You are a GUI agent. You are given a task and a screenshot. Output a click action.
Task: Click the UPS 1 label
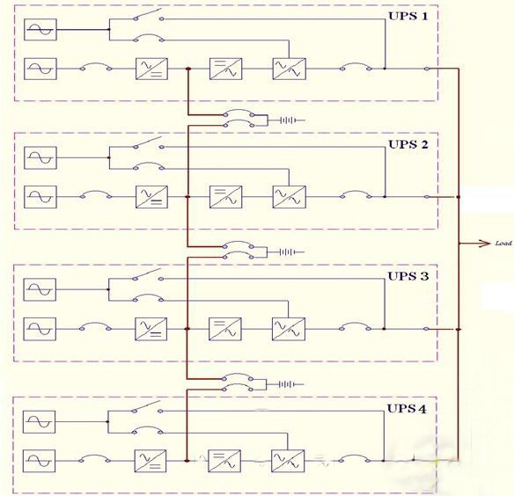[408, 16]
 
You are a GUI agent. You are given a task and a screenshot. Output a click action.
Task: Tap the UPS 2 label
[408, 144]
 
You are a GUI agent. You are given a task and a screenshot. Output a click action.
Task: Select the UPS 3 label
[408, 276]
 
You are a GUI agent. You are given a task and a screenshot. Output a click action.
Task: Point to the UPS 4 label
[407, 409]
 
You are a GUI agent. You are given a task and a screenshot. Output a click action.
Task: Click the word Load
[503, 243]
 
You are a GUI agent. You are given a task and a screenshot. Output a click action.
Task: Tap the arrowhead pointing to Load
[484, 244]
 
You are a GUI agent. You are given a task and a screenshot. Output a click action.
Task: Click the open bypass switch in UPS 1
[149, 15]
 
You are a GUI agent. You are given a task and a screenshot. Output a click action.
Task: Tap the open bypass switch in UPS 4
[147, 407]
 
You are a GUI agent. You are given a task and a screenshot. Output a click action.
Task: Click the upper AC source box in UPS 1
[40, 30]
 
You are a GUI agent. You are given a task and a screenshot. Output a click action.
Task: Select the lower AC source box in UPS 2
[40, 197]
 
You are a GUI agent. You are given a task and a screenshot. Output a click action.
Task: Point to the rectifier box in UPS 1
[151, 69]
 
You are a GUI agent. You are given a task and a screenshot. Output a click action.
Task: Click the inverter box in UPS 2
[226, 197]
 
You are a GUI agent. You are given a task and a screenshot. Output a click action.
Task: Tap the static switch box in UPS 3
[289, 329]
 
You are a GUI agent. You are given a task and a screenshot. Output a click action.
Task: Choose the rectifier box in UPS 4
[151, 461]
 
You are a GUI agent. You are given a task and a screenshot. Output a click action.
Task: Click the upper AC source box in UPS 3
[40, 289]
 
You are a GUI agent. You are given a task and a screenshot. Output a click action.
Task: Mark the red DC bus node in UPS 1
[188, 69]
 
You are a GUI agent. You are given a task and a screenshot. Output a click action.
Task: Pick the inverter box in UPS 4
[224, 461]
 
